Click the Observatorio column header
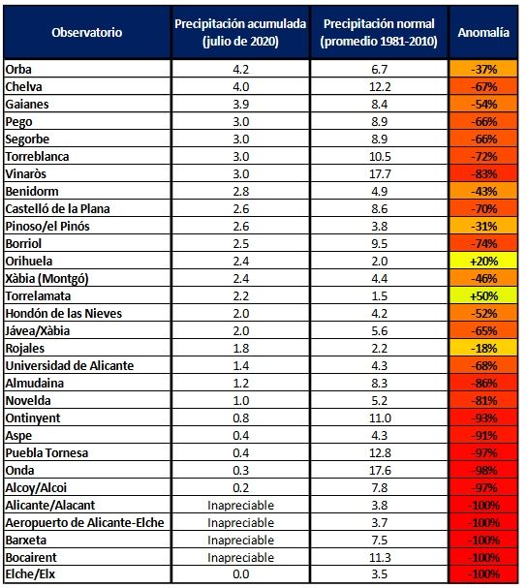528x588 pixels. [x=86, y=33]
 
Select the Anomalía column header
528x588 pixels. [x=483, y=33]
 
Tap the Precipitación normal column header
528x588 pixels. [x=379, y=32]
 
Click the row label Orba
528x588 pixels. [x=18, y=70]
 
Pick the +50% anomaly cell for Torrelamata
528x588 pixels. [x=483, y=295]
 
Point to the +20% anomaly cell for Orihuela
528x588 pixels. [x=483, y=261]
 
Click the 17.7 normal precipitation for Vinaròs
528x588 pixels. [x=380, y=174]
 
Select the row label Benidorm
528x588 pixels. [x=32, y=191]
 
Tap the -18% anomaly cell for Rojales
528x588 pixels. [x=483, y=349]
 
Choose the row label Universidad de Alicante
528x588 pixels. [x=70, y=365]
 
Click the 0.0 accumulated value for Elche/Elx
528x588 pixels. [x=241, y=574]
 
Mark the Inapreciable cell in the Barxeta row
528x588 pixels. [x=241, y=540]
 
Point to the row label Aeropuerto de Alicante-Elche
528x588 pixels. [x=84, y=523]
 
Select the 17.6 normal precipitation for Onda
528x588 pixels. [x=380, y=470]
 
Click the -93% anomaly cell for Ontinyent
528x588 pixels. [x=483, y=418]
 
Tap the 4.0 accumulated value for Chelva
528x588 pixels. [x=241, y=86]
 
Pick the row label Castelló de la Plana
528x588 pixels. [x=57, y=209]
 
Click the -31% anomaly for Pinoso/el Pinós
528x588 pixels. [x=483, y=226]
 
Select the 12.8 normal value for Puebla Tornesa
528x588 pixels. [x=380, y=453]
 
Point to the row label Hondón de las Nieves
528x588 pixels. [x=64, y=314]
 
